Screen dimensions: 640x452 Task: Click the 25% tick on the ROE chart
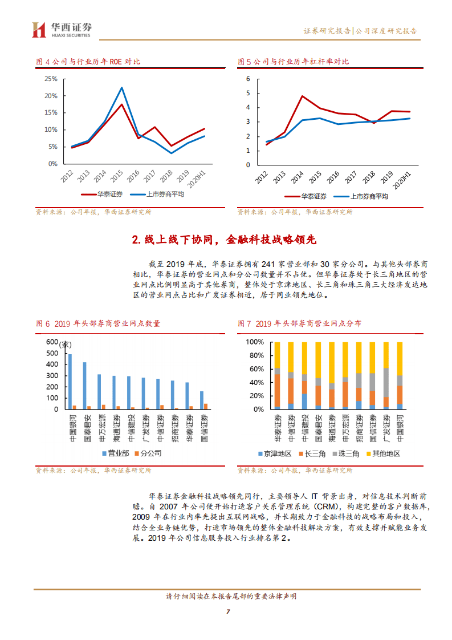[x=50, y=79]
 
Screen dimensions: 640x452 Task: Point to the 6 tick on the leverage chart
[x=249, y=79]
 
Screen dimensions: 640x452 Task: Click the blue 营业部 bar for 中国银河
[x=70, y=382]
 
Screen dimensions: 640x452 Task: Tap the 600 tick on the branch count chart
[x=52, y=342]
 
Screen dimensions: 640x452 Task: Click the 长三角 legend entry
[x=312, y=454]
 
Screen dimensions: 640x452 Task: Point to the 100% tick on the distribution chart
[x=254, y=342]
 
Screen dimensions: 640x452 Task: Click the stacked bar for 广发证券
[x=386, y=375]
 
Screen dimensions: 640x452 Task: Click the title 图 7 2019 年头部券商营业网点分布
[x=299, y=323]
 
